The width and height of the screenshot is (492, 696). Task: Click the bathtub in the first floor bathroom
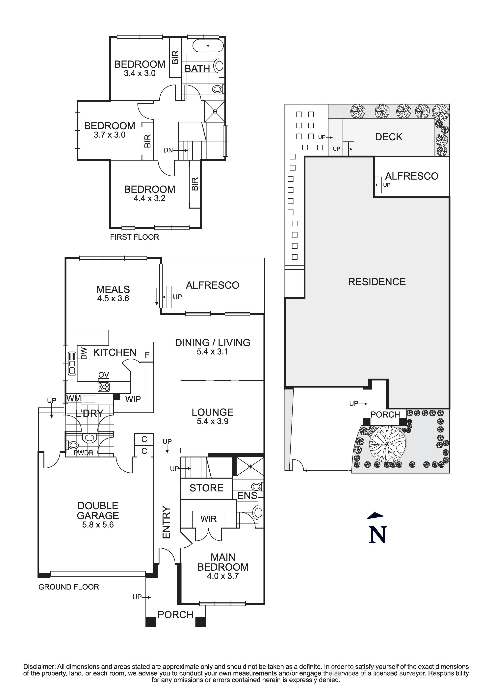pos(208,46)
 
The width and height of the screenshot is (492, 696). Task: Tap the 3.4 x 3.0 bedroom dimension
pos(140,73)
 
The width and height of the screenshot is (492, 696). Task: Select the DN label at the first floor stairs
pos(168,150)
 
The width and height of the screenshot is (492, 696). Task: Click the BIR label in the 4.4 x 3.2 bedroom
pos(195,184)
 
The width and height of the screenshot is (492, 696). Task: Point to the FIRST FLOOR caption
pos(134,237)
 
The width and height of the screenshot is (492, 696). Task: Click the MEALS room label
pos(113,289)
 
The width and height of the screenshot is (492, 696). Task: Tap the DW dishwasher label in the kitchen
pos(84,353)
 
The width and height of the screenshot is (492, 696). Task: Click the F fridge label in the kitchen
pos(147,355)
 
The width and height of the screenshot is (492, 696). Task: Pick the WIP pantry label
pos(133,399)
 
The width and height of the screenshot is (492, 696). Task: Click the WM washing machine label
pos(73,398)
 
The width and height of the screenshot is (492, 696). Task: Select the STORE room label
pos(206,488)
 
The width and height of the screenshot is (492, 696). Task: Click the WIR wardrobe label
pos(209,519)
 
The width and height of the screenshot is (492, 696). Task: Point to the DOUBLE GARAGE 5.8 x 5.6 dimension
pos(98,525)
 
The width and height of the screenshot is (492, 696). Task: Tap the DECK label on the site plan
pos(389,137)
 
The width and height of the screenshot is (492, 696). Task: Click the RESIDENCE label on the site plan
pos(377,282)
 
